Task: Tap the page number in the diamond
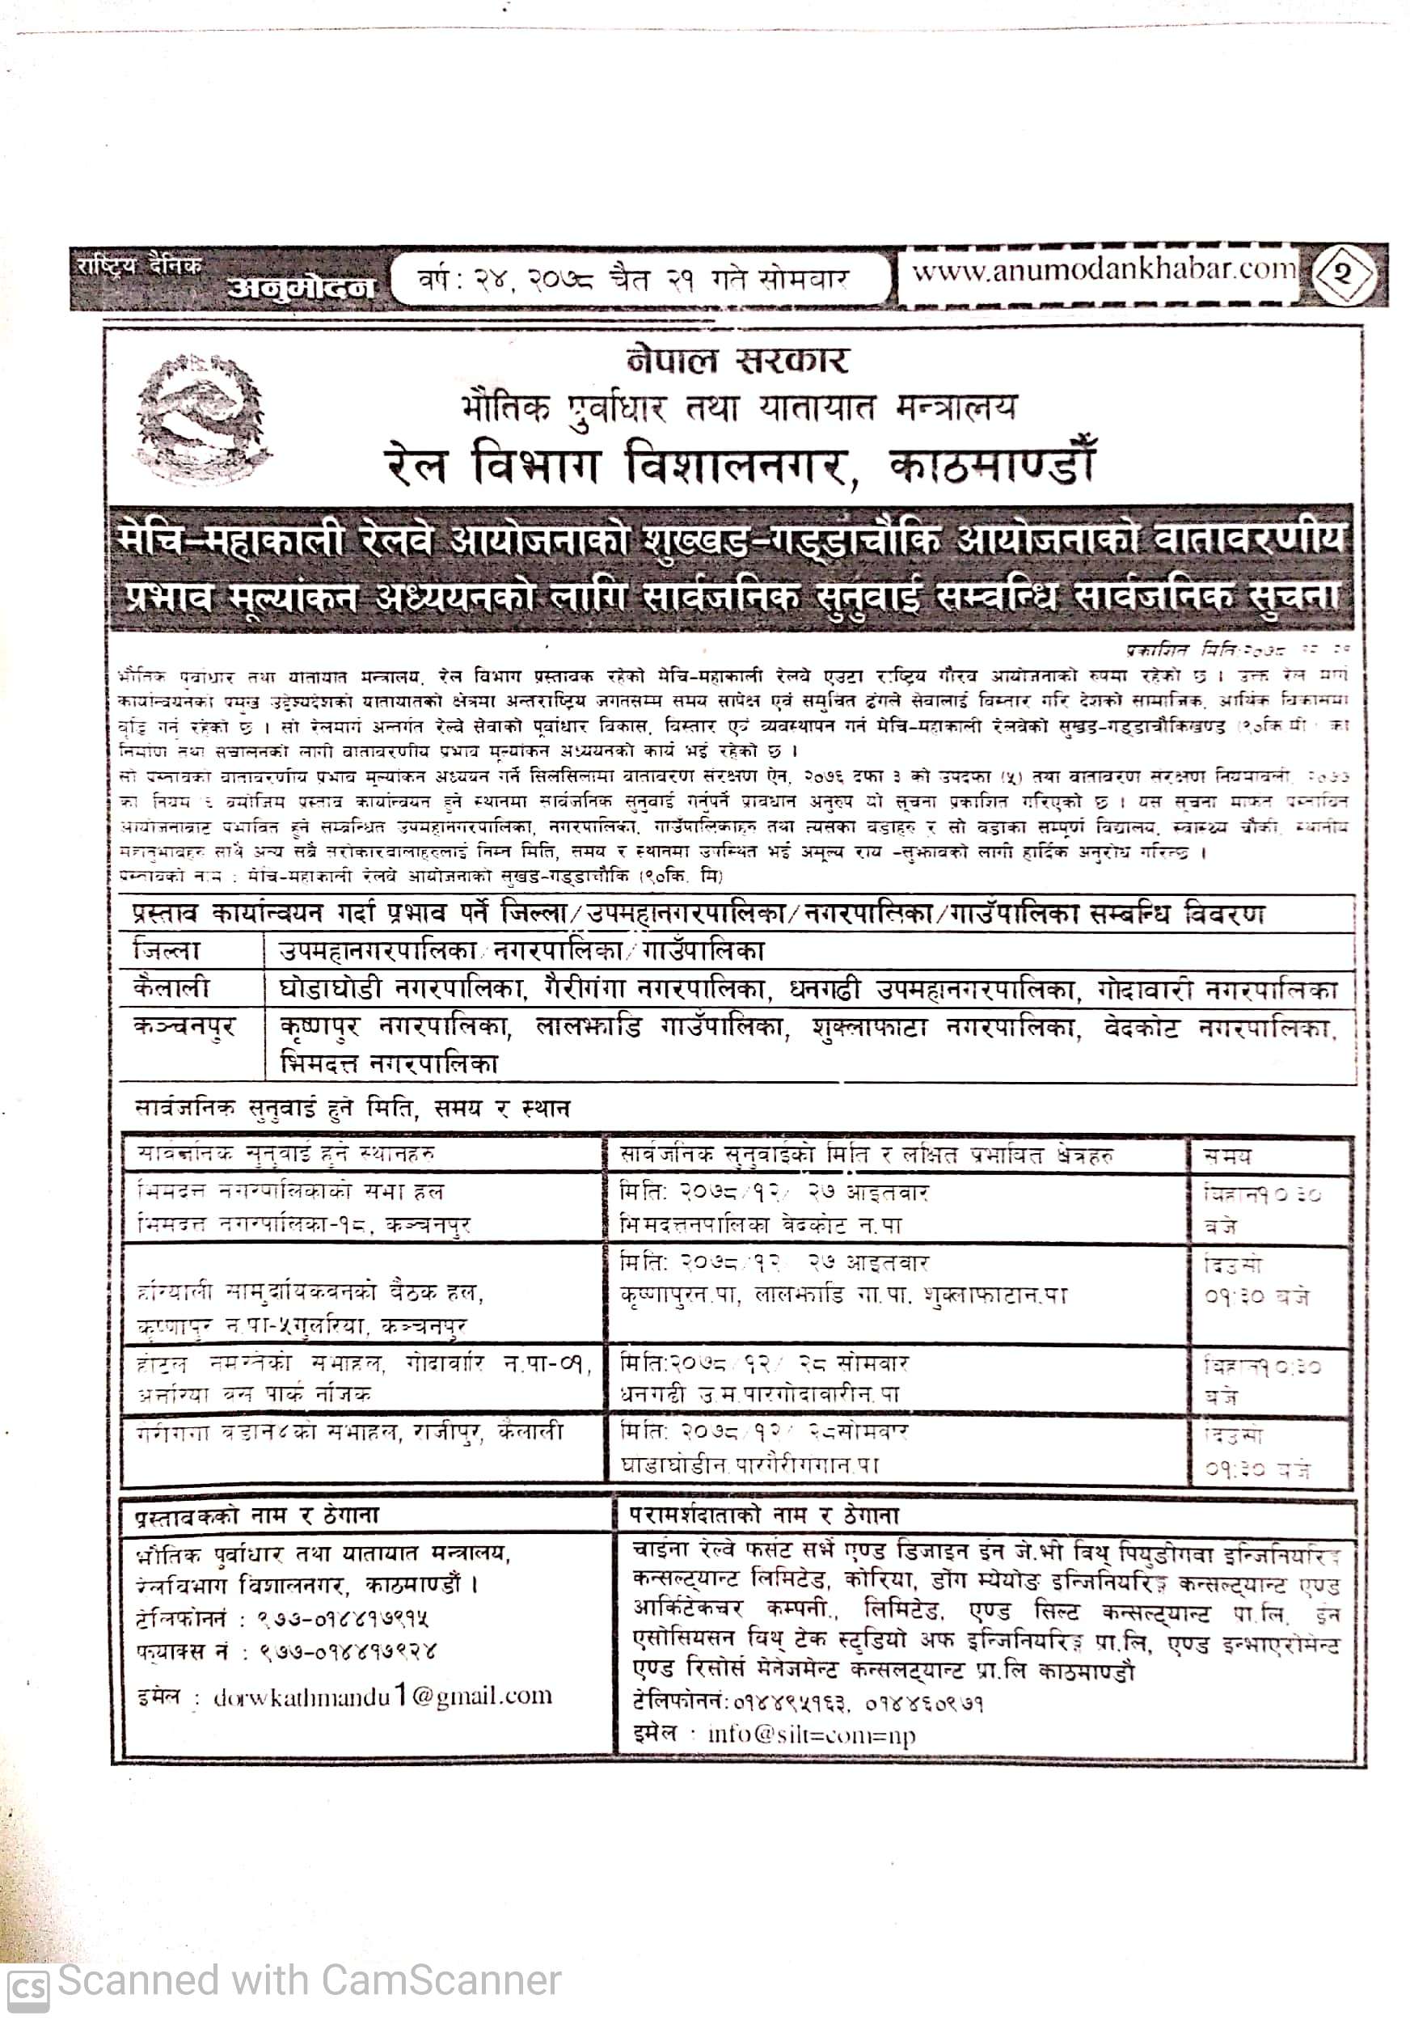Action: (1342, 274)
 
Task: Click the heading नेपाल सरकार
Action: (737, 360)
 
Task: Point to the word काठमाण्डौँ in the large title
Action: (993, 463)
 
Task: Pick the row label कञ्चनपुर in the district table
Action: (184, 1027)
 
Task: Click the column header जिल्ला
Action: (167, 950)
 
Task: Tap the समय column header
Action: (1228, 1156)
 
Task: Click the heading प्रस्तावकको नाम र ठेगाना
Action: (257, 1515)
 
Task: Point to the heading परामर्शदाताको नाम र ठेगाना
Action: (763, 1515)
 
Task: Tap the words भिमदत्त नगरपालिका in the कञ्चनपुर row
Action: (389, 1063)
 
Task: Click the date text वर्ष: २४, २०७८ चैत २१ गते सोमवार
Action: (633, 280)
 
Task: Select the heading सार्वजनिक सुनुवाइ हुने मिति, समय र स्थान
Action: (352, 1108)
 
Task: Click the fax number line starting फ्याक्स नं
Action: (286, 1651)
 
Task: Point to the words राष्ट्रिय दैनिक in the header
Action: (138, 264)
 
